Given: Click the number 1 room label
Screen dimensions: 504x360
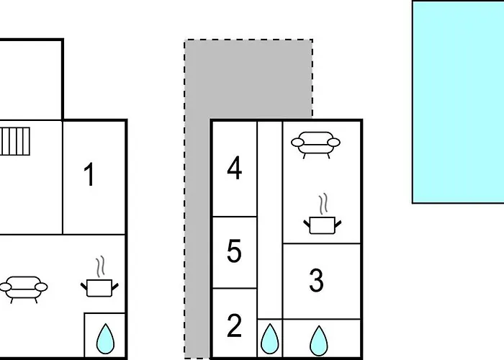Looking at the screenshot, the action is [89, 174].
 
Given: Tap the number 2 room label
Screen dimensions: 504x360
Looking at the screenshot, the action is [234, 325].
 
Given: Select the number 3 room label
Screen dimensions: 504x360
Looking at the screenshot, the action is [316, 280].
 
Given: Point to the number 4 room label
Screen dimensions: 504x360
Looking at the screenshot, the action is [234, 168].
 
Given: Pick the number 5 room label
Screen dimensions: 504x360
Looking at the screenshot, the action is [234, 251].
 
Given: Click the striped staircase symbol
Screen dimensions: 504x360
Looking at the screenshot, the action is [15, 141].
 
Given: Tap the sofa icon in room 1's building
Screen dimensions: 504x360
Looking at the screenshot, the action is [24, 289].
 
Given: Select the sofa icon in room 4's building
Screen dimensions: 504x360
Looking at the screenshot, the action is [315, 145].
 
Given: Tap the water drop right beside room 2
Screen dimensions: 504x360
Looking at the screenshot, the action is [270, 339].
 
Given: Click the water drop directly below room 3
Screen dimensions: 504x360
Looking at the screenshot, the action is [319, 341].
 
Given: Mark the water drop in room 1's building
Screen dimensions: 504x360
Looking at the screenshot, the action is [105, 339].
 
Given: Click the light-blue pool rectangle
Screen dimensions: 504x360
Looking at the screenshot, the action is [458, 102].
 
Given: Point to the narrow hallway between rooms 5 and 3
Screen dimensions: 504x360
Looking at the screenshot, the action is [270, 220].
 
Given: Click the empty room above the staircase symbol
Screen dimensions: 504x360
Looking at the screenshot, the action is [31, 79].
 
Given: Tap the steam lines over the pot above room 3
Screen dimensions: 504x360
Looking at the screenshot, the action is [324, 204].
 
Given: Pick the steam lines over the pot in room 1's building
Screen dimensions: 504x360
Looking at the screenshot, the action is [101, 266].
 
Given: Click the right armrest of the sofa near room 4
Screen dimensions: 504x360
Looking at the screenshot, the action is [333, 142].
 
